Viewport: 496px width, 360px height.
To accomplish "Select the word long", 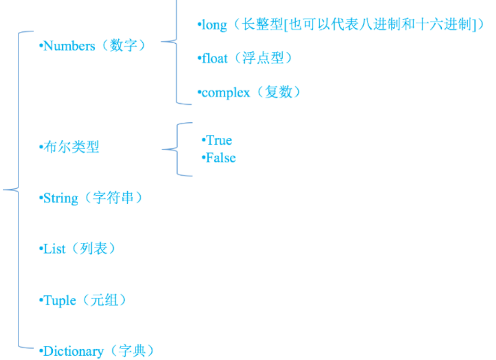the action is [x=214, y=25].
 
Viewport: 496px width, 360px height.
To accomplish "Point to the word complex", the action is [x=226, y=93].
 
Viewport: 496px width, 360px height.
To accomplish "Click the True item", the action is [x=219, y=140].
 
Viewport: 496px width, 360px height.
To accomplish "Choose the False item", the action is [x=220, y=158].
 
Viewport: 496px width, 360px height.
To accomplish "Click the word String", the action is [x=61, y=198].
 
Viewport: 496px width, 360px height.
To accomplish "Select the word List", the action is [x=54, y=249].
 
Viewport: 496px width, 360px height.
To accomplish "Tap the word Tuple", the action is [x=60, y=300].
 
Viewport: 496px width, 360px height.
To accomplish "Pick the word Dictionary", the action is [x=73, y=351].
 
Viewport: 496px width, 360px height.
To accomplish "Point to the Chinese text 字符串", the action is [x=112, y=198].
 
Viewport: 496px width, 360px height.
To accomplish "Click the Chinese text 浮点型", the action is [x=261, y=59].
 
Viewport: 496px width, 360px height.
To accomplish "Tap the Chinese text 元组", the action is [x=105, y=300].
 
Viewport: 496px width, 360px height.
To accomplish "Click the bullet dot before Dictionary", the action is [x=41, y=351].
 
